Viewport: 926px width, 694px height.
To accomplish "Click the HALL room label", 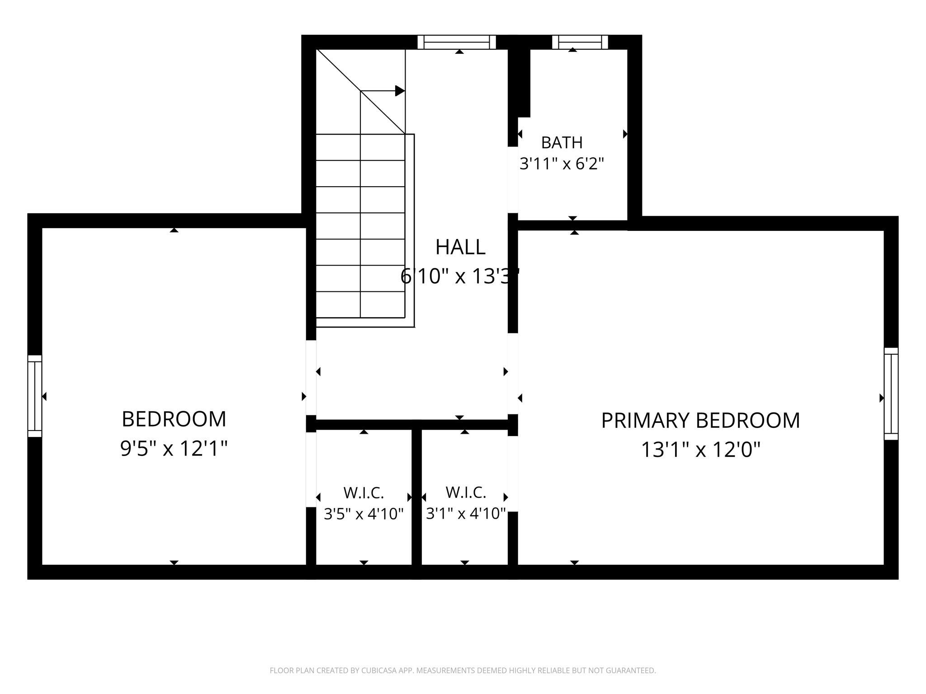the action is pos(460,247).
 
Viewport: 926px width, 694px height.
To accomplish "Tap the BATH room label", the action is pos(562,143).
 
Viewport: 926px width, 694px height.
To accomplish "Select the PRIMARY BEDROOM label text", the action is pos(700,421).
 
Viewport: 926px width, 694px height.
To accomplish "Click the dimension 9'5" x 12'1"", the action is pos(174,449).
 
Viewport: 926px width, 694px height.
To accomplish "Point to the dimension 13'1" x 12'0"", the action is pos(701,450).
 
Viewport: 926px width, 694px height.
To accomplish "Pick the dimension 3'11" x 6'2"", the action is pos(562,164).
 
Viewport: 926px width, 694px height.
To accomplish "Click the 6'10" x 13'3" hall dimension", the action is pos(460,276).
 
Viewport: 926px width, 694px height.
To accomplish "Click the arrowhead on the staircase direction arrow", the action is pos(400,91).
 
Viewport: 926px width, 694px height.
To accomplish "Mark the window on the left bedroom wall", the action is pos(35,396).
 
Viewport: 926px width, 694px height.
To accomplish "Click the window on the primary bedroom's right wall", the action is pos(891,394).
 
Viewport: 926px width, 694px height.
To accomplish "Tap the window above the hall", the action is pos(457,42).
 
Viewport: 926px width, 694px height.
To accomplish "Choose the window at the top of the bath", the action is pos(580,42).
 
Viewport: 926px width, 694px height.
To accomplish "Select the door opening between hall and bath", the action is pos(513,179).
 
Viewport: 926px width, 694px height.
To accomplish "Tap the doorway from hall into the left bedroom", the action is pos(311,378).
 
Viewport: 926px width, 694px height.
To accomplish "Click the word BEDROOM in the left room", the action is pos(174,419).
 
